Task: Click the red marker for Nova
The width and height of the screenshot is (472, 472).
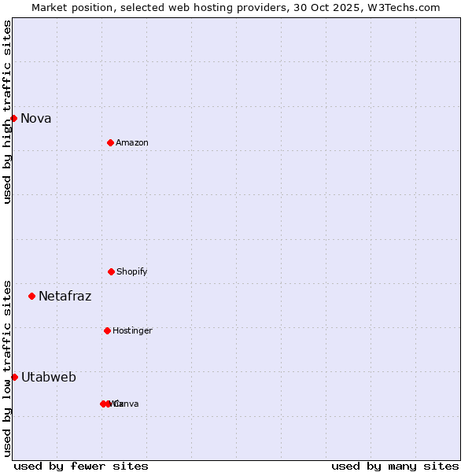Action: (13, 118)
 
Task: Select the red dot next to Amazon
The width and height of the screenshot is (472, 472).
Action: (110, 142)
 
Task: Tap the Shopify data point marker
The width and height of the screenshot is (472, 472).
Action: (111, 271)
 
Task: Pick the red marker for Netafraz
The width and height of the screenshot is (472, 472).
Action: (31, 296)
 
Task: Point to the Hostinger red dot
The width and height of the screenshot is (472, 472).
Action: (107, 330)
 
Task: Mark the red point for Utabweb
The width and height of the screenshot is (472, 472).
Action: (14, 377)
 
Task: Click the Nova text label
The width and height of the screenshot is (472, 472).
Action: (36, 119)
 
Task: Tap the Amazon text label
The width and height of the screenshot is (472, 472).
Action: (132, 143)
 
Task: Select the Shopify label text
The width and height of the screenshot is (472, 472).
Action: (132, 272)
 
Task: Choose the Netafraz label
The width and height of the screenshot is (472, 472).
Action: (65, 297)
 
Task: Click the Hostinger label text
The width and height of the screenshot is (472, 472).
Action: (132, 331)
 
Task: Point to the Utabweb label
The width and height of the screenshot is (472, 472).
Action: (49, 378)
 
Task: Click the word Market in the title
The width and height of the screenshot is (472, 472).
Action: (50, 7)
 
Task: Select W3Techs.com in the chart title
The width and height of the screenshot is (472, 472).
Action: (404, 7)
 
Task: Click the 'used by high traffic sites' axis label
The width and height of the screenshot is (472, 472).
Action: (7, 112)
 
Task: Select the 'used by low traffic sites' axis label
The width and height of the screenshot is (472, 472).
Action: (7, 368)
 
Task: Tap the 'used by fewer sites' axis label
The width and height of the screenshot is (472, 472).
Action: (81, 466)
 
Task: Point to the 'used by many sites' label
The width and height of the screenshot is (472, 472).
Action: (395, 466)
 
